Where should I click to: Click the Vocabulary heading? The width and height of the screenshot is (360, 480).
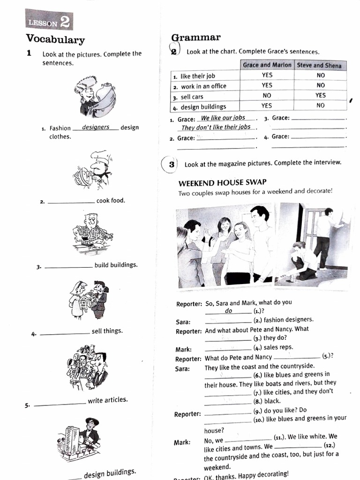click(x=55, y=39)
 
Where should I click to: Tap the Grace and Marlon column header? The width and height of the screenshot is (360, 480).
click(x=267, y=65)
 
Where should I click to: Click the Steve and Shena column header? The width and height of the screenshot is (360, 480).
click(x=320, y=66)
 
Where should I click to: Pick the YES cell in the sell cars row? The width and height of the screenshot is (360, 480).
click(x=320, y=96)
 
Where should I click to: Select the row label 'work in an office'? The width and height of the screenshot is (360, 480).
click(x=203, y=86)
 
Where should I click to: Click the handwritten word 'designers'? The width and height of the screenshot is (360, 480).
click(x=96, y=127)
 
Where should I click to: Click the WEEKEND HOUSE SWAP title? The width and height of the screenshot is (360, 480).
click(x=222, y=182)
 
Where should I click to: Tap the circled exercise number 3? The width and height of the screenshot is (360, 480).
click(x=172, y=164)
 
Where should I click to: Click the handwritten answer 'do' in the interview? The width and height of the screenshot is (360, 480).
click(x=228, y=311)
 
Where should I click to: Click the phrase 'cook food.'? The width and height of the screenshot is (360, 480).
click(x=111, y=201)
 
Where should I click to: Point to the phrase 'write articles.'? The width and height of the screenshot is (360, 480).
click(x=107, y=400)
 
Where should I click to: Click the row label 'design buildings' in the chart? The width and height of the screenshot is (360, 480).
click(x=203, y=106)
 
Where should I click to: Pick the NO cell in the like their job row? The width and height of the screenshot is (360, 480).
click(x=320, y=75)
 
